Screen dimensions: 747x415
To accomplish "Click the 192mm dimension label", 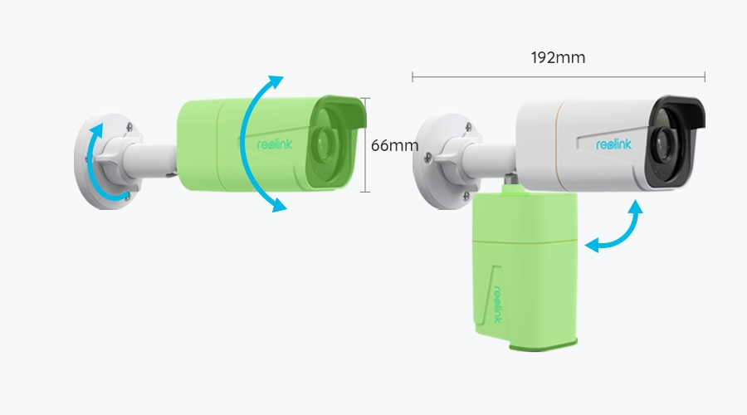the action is click(x=558, y=57).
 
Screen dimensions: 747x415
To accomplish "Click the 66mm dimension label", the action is click(x=394, y=145).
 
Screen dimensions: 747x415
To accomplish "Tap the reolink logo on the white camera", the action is click(x=613, y=144).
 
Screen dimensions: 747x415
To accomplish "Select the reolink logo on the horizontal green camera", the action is click(x=275, y=144).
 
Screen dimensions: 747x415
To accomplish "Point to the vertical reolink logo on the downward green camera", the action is click(x=498, y=304).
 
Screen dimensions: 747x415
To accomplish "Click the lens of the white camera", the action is click(x=664, y=143).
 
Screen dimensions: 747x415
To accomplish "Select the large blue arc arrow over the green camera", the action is click(x=247, y=143).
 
